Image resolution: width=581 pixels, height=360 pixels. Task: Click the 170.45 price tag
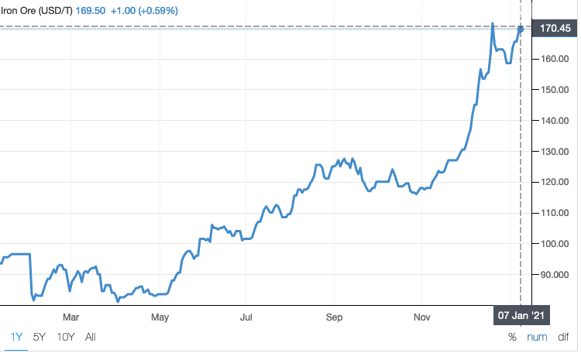click(555, 29)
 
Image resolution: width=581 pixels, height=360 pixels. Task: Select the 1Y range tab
click(16, 337)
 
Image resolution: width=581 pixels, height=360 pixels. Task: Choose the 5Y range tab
click(39, 337)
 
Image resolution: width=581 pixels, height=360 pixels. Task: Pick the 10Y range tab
click(65, 337)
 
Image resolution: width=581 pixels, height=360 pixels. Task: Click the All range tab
click(91, 337)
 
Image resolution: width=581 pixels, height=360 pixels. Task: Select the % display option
click(512, 337)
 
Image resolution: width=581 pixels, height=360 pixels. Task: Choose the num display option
click(537, 337)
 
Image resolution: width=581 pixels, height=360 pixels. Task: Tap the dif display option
click(563, 337)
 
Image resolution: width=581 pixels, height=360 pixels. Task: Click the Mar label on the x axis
click(71, 317)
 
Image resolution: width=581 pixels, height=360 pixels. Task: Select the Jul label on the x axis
click(247, 317)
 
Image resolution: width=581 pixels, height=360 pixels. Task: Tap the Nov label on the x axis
click(422, 317)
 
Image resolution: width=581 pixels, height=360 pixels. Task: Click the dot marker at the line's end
click(521, 29)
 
